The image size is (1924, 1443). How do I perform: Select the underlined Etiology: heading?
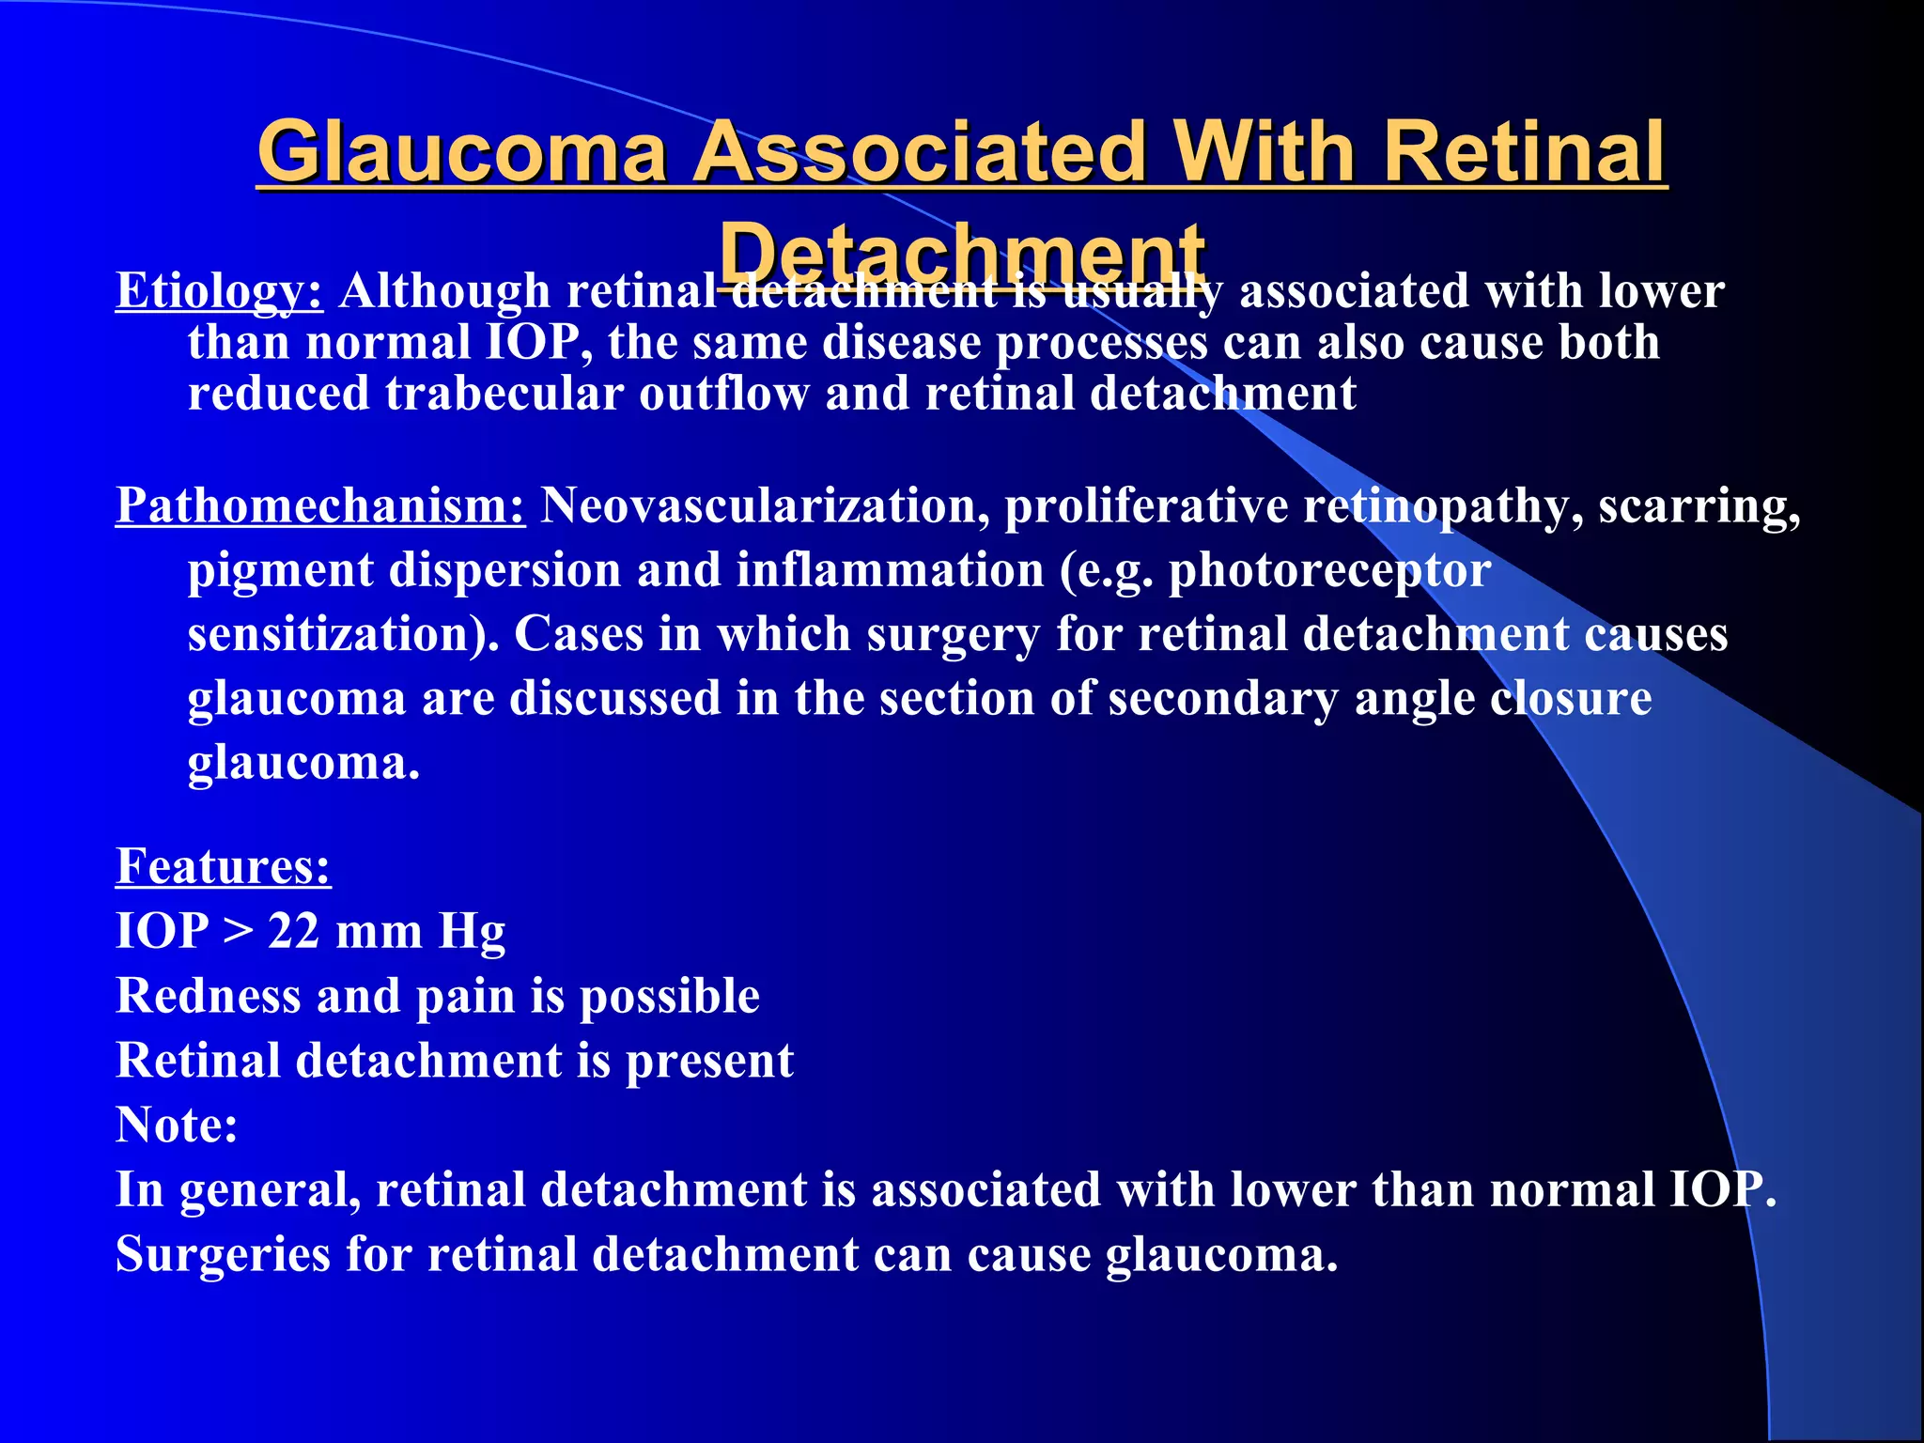pyautogui.click(x=219, y=290)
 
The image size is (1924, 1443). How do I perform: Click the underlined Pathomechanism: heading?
pyautogui.click(x=320, y=505)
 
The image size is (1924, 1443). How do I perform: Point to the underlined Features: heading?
pyautogui.click(x=223, y=865)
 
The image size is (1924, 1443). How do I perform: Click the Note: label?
pyautogui.click(x=177, y=1125)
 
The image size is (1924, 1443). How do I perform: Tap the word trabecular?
pyautogui.click(x=504, y=393)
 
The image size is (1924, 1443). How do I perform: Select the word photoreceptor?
pyautogui.click(x=1329, y=570)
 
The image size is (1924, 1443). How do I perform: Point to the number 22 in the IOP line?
pyautogui.click(x=293, y=931)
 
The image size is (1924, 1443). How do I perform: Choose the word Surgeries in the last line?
pyautogui.click(x=223, y=1254)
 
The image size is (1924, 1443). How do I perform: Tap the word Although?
pyautogui.click(x=444, y=290)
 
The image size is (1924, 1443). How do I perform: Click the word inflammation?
pyautogui.click(x=890, y=570)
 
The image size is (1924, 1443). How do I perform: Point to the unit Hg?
pyautogui.click(x=472, y=933)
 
